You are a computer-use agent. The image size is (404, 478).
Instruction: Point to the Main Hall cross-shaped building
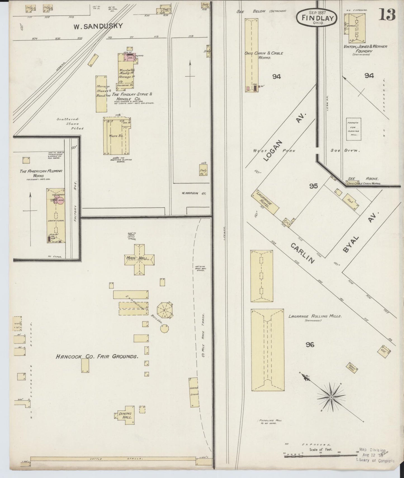(139, 259)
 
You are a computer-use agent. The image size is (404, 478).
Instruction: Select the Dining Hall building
(125, 415)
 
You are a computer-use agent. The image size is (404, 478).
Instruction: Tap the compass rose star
(331, 397)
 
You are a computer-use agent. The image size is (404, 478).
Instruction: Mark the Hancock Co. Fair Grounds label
(97, 357)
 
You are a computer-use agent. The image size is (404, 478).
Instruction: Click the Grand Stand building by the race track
(194, 392)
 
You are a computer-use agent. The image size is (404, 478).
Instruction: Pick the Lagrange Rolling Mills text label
(315, 316)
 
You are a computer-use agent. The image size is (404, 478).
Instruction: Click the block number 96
(310, 345)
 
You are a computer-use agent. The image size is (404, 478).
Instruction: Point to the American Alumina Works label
(41, 173)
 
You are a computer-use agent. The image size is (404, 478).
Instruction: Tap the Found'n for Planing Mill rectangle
(353, 129)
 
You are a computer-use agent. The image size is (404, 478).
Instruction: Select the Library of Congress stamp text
(375, 460)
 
